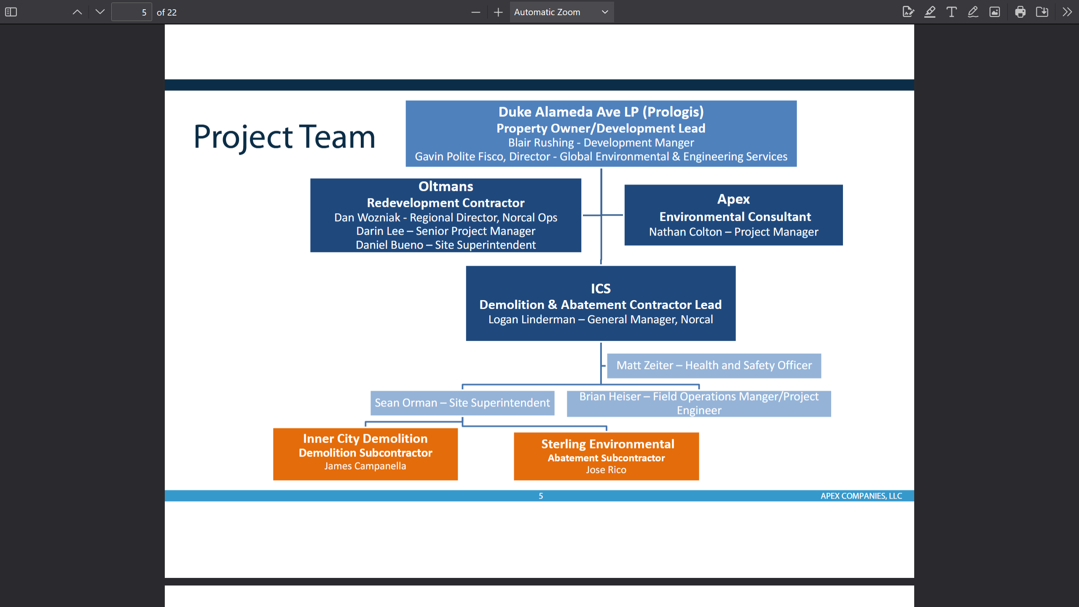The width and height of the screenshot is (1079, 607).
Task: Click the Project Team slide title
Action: (284, 137)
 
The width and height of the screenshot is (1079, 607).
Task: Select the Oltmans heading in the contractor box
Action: (446, 186)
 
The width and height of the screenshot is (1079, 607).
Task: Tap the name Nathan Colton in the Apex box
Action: (685, 232)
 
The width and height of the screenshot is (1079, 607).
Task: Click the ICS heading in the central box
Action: (600, 288)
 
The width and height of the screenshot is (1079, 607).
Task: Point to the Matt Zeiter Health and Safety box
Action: (714, 365)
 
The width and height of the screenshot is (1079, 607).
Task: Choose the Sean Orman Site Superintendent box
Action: (462, 403)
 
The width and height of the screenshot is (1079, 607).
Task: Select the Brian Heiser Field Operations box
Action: (698, 403)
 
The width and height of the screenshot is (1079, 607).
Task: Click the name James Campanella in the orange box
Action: (365, 466)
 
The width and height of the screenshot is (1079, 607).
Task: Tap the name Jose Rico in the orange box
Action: (606, 470)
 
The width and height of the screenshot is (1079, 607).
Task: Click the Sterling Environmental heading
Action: (607, 444)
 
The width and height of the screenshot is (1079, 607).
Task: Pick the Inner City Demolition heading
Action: (365, 438)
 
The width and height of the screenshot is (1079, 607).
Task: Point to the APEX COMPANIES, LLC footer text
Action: (861, 496)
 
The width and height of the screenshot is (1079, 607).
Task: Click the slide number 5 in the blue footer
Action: (540, 496)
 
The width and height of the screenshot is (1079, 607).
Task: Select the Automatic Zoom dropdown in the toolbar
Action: (561, 12)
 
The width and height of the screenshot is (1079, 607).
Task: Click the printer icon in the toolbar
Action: (1020, 12)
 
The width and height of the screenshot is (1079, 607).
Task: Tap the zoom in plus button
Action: (498, 12)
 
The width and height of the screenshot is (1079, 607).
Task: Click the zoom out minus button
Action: (475, 12)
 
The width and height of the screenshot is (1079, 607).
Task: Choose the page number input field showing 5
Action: (132, 12)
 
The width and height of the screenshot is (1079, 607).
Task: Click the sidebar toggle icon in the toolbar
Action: (11, 12)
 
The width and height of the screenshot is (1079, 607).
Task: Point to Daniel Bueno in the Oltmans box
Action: (389, 245)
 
